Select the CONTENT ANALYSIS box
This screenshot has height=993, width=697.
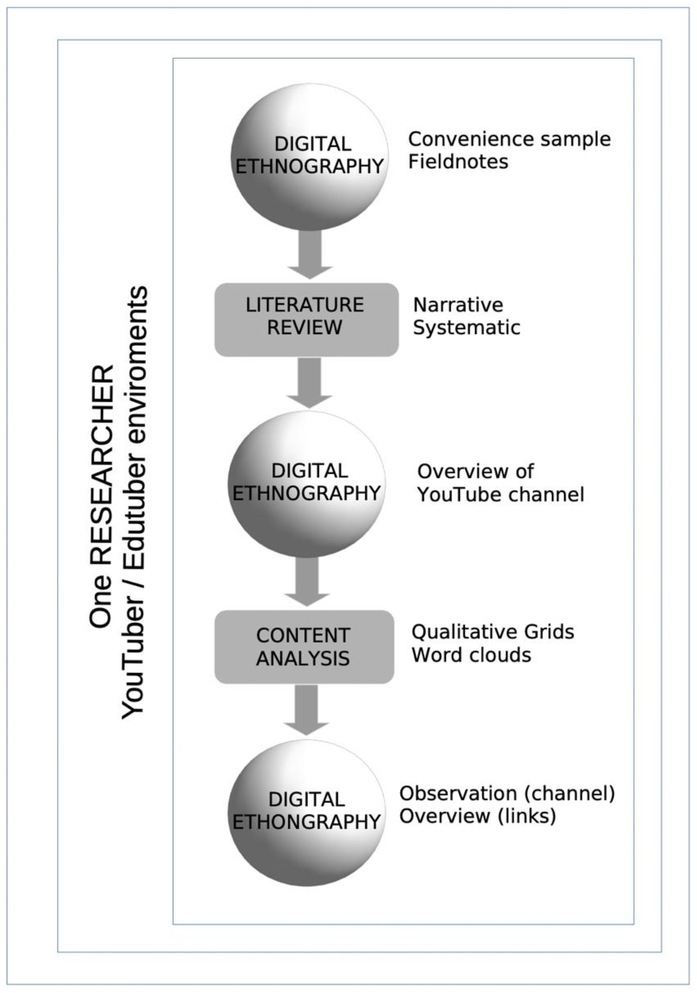304,647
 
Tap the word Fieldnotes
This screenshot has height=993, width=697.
458,162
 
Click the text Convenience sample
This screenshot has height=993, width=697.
509,139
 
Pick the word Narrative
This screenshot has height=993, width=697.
458,305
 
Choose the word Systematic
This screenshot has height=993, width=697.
467,328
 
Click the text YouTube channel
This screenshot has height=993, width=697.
501,494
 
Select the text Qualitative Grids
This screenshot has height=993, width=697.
493,632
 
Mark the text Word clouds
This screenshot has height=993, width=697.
471,655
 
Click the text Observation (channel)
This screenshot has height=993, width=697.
507,793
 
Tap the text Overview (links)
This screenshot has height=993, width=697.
477,816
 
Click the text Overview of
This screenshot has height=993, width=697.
475,471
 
